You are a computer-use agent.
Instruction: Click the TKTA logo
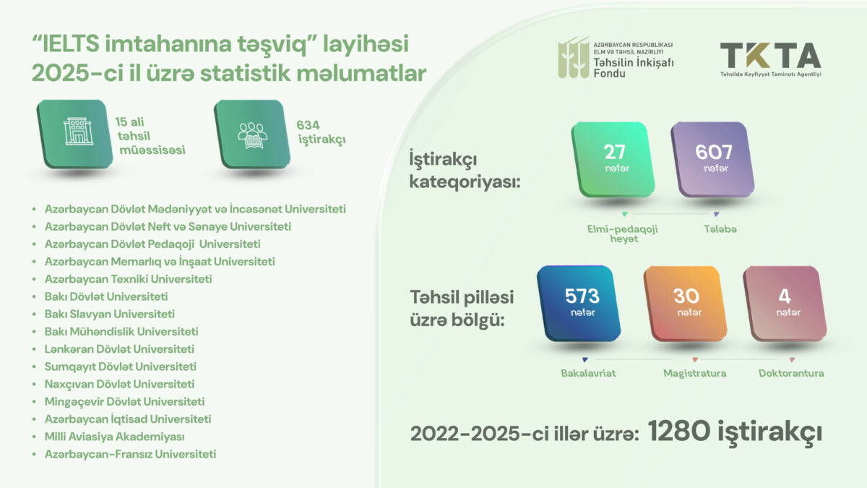pos(770,58)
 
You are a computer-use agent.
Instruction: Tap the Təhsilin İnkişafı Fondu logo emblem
pos(572,57)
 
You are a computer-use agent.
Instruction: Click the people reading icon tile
pos(251,132)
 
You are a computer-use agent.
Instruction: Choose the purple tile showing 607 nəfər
pos(713,158)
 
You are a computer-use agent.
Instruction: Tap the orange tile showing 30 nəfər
pos(685,302)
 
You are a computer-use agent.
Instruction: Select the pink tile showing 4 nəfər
pos(783,302)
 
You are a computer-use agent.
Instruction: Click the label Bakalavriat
pos(585,373)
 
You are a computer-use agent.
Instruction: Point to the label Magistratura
pos(695,373)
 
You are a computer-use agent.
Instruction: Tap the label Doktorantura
pos(791,373)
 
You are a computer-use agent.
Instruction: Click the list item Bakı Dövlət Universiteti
pos(106,296)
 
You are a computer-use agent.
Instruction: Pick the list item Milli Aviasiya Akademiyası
pos(115,437)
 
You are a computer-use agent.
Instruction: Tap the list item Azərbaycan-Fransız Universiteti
pos(130,454)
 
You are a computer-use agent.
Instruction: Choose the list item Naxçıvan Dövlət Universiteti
pos(119,384)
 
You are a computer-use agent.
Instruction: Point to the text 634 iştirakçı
pos(320,132)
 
